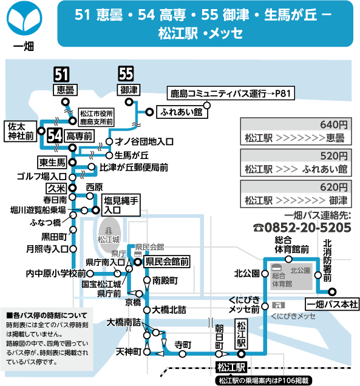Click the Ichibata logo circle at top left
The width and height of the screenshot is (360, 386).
point(24,18)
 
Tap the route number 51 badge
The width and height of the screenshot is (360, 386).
point(61,74)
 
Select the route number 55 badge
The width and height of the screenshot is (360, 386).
point(126,73)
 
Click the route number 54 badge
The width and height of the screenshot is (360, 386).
point(55,135)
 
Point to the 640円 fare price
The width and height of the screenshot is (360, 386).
point(334,125)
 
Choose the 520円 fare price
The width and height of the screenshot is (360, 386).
point(334,156)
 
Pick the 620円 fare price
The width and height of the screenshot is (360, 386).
point(334,188)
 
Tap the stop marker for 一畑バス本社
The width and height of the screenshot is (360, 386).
point(332,292)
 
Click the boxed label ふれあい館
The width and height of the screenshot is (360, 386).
point(182,112)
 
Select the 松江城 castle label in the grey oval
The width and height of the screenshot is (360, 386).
point(109,239)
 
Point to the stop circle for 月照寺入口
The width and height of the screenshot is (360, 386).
point(73,249)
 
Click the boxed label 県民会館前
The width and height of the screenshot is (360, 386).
point(167,262)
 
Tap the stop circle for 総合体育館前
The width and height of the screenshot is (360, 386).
point(288,259)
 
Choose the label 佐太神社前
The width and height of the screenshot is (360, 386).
point(21,131)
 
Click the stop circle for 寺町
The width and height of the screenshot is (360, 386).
point(182,354)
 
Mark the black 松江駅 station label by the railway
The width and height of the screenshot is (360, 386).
point(231,368)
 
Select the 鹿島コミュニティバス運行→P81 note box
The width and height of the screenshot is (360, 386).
point(231,93)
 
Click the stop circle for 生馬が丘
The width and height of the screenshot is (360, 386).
point(109,155)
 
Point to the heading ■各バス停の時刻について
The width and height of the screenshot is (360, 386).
point(47,316)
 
